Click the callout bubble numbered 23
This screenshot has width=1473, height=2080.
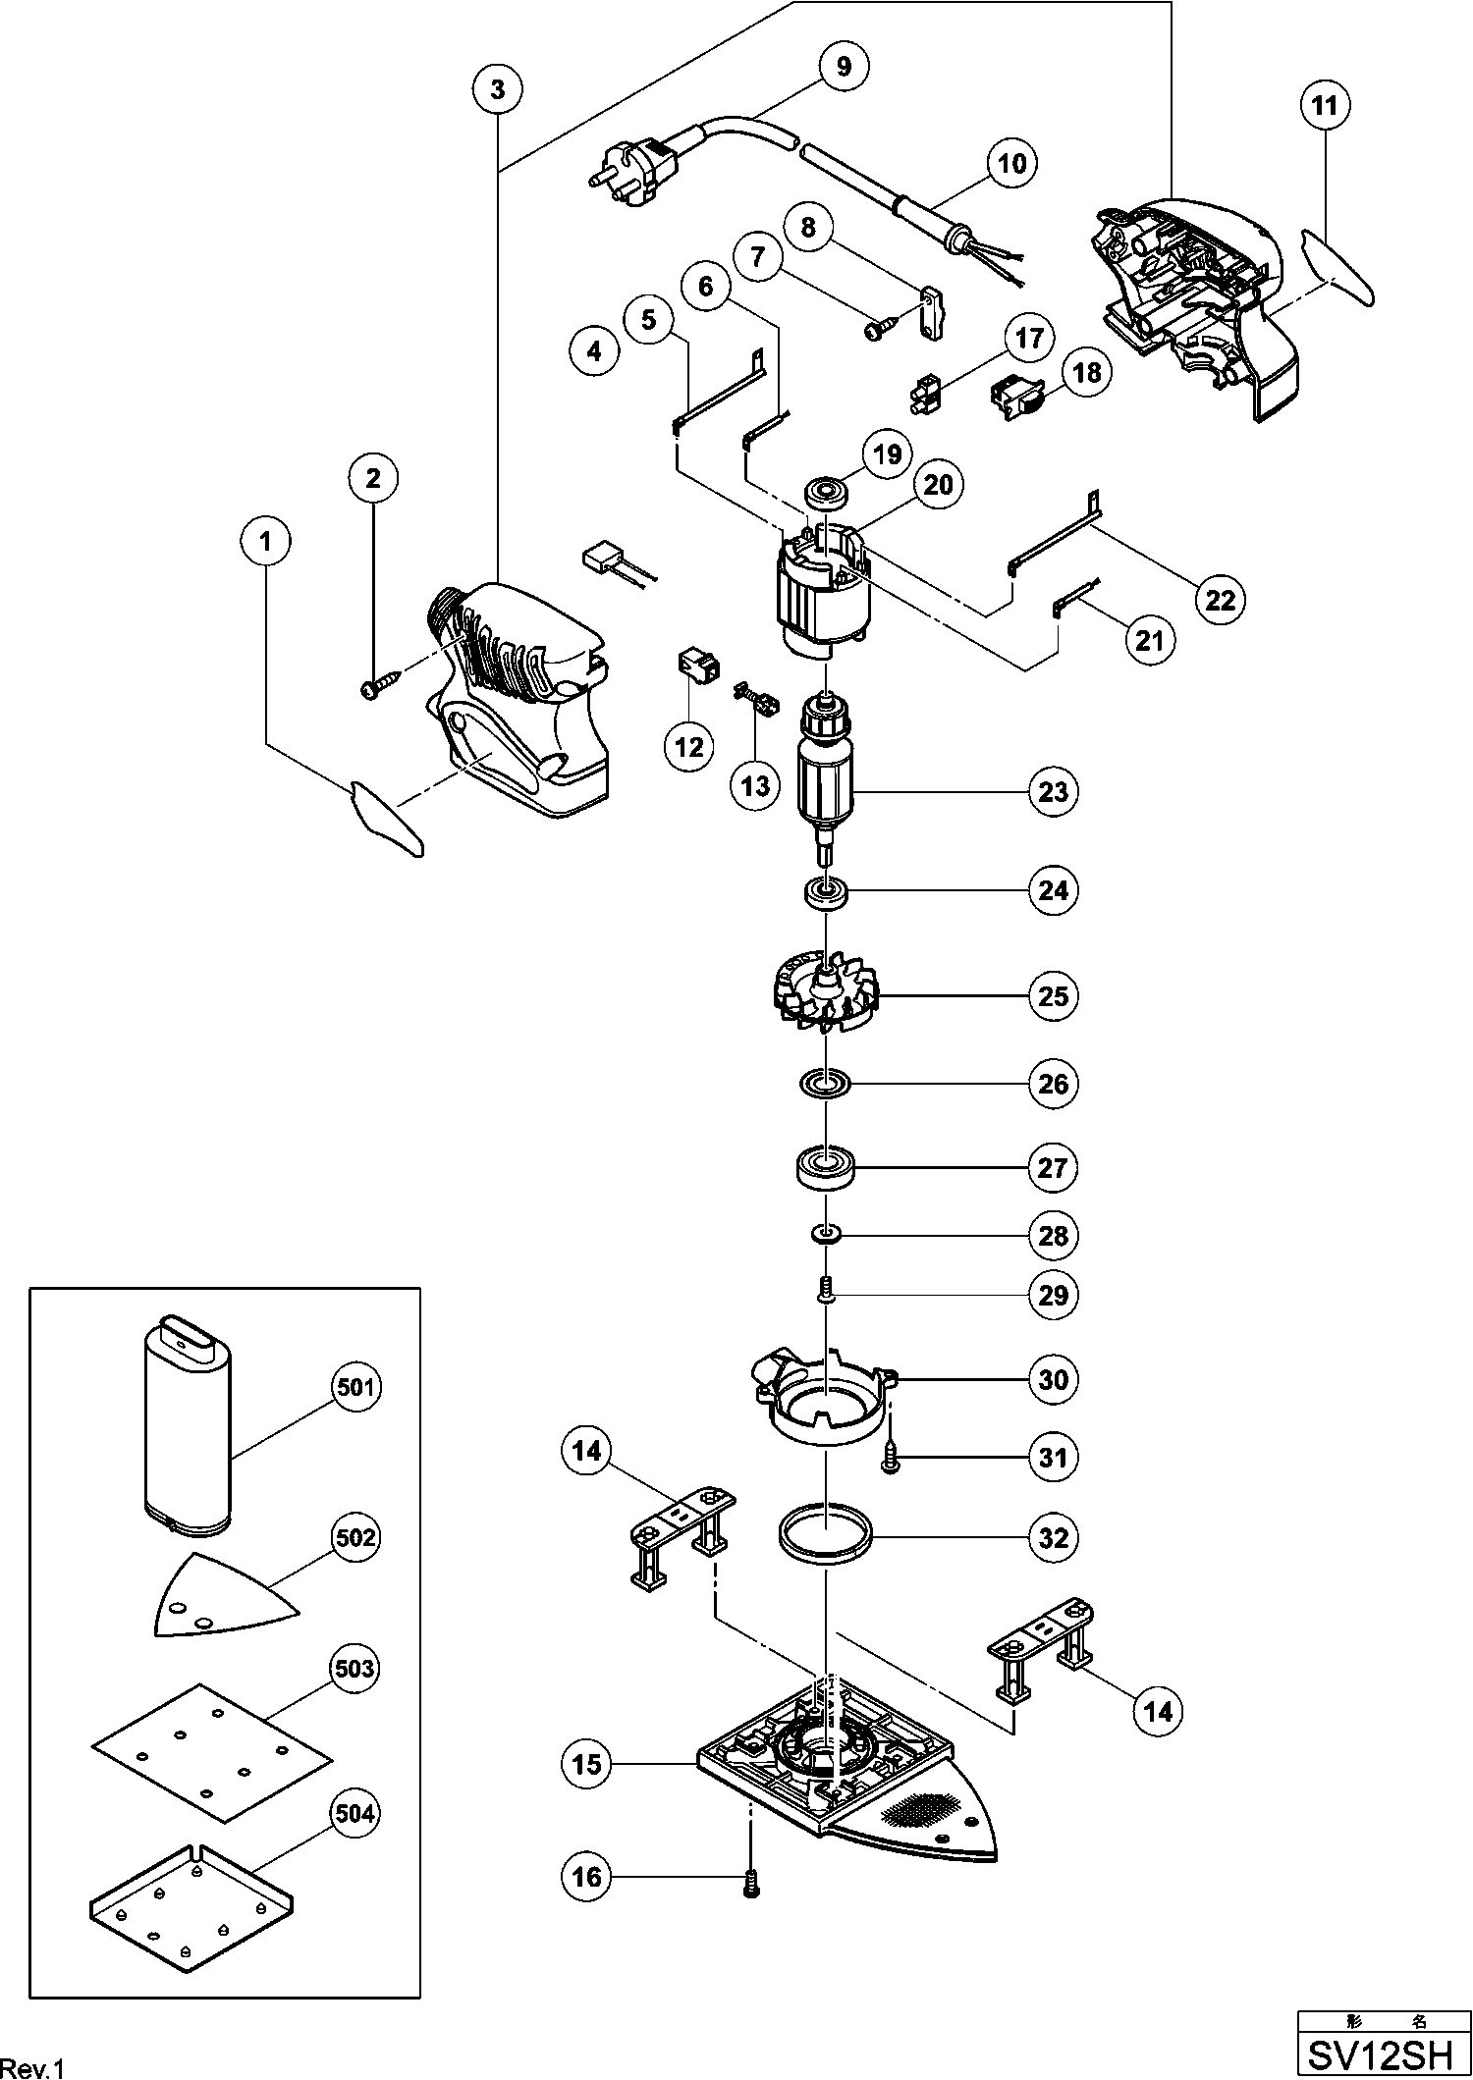click(1053, 791)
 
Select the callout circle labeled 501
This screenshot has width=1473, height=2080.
click(355, 1387)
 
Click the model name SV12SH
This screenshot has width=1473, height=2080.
click(1384, 2053)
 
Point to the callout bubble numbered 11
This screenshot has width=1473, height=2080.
click(1326, 105)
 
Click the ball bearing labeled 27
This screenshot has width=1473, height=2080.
click(825, 1168)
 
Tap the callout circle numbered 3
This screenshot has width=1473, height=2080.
click(498, 89)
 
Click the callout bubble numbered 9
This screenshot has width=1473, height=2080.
click(845, 67)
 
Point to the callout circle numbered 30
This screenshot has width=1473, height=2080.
click(1053, 1379)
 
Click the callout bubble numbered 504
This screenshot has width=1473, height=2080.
click(355, 1814)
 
